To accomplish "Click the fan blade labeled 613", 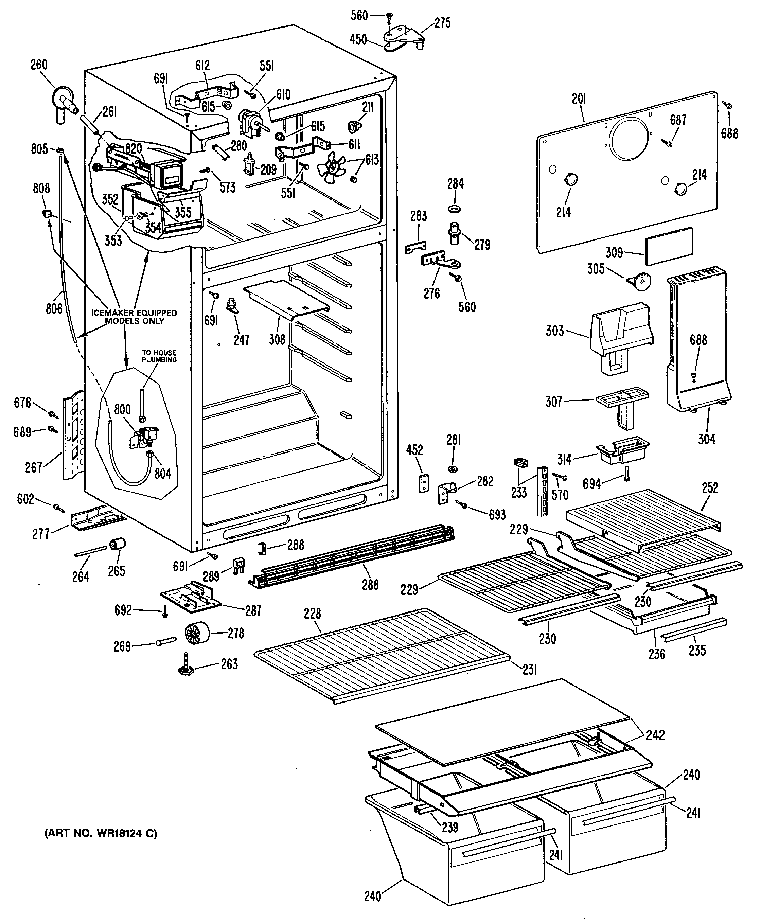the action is point(333,167).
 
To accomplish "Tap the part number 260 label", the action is point(39,65).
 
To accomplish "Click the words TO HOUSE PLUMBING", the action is point(159,356).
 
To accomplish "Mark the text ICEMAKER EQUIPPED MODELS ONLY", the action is point(134,317).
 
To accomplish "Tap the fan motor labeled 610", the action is point(251,122).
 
